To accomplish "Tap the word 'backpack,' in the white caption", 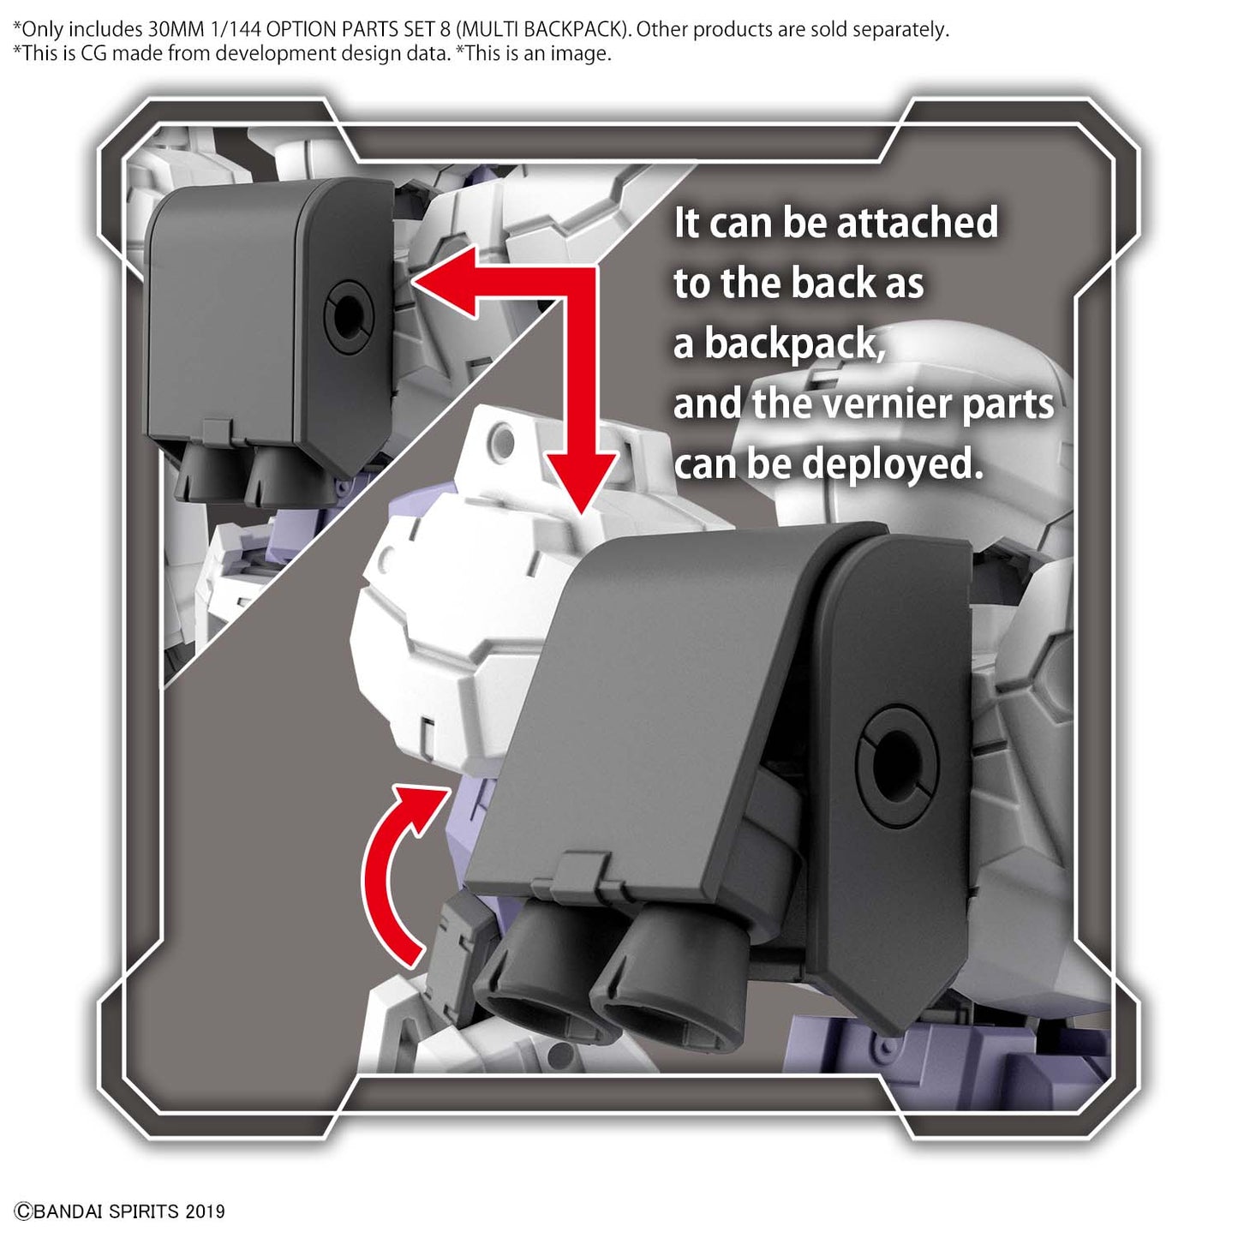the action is (x=795, y=345).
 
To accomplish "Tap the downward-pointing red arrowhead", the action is (x=582, y=479).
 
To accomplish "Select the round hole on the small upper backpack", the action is (x=348, y=315).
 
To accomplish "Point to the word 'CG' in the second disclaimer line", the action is (x=93, y=53).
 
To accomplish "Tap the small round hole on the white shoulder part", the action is (x=505, y=443).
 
